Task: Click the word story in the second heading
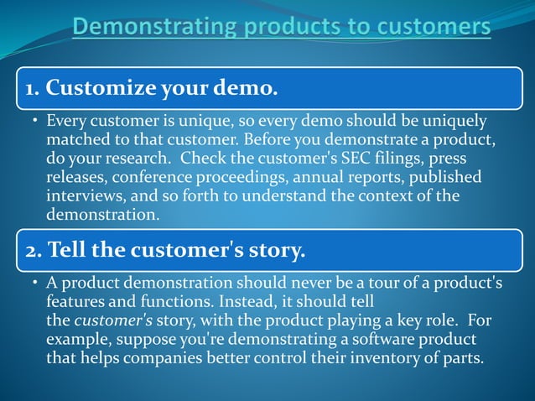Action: [276, 249]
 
